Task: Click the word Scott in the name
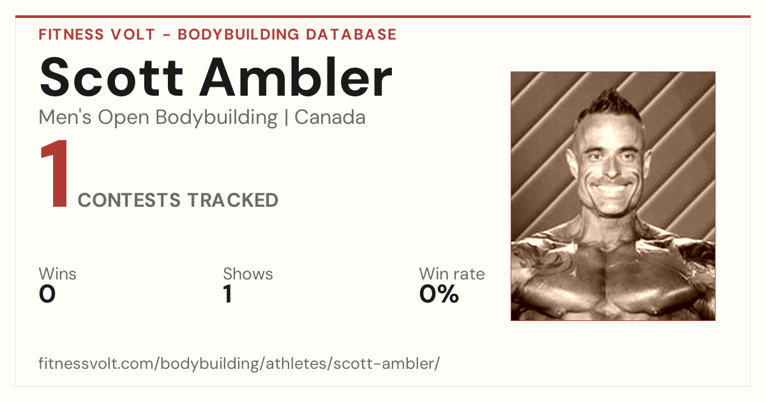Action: [x=112, y=77]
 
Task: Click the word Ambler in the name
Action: [x=296, y=77]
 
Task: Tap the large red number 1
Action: [x=55, y=173]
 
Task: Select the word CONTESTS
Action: [x=129, y=200]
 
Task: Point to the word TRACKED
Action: [x=233, y=200]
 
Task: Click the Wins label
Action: [x=57, y=274]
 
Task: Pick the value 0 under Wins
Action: [x=47, y=294]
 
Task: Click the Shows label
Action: [x=248, y=274]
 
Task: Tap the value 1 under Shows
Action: [x=228, y=294]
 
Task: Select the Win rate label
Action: [x=452, y=274]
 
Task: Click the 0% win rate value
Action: [x=439, y=294]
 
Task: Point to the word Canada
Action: [x=330, y=117]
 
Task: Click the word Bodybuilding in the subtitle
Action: [x=216, y=118]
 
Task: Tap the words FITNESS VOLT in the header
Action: [x=97, y=34]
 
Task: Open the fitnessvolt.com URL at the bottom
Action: [x=239, y=364]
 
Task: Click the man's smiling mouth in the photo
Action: [x=612, y=187]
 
